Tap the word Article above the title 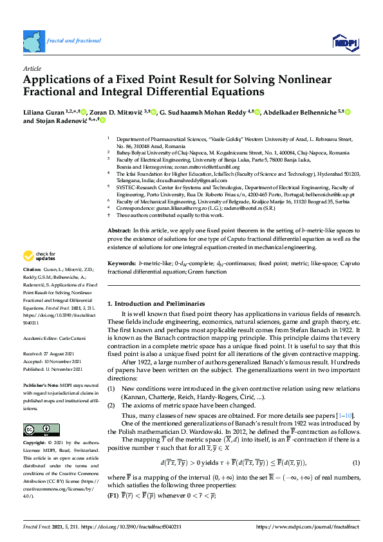click(32, 68)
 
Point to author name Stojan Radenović click(62, 121)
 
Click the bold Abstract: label click(119, 230)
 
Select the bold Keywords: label click(122, 263)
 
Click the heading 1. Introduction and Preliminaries click(155, 303)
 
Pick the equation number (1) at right click(356, 445)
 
